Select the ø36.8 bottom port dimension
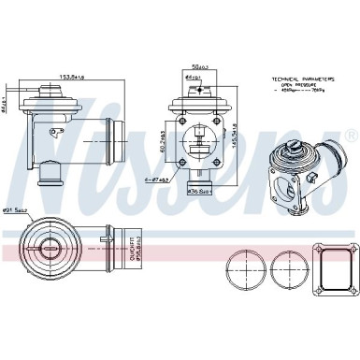tap(198, 194)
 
